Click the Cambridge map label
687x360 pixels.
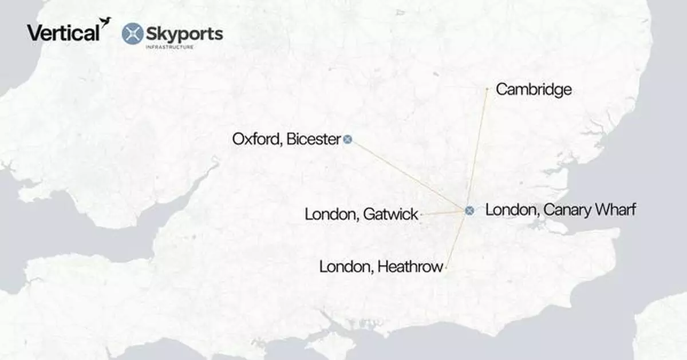point(534,89)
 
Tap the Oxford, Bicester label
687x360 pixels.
point(286,139)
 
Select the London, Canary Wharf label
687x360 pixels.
point(560,210)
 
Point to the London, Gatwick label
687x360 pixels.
point(361,215)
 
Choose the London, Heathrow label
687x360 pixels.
point(381,267)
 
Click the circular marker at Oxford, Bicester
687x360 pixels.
point(348,139)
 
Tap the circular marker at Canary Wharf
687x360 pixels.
point(469,211)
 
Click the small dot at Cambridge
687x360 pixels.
point(487,89)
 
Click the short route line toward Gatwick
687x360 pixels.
point(444,213)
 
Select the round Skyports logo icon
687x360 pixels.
point(133,34)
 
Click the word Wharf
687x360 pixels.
point(615,210)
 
